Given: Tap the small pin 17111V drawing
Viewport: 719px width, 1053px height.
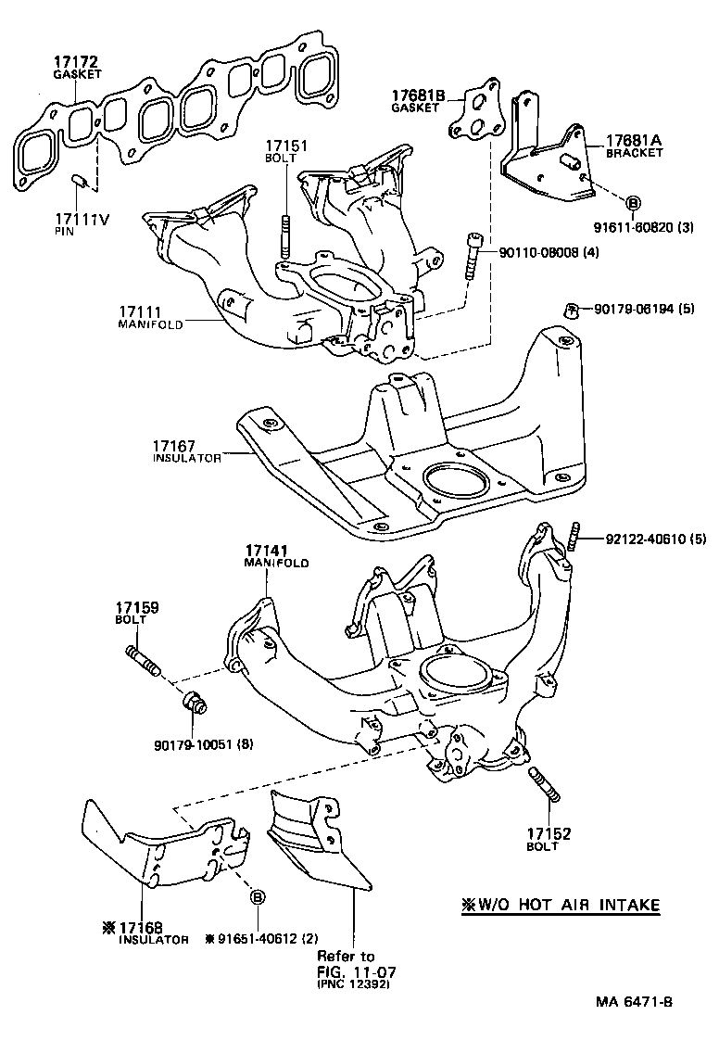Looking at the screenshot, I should tap(80, 178).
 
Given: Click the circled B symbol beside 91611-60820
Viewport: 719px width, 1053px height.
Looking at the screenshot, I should tap(633, 203).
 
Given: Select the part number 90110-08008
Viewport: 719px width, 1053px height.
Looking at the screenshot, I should tap(540, 251).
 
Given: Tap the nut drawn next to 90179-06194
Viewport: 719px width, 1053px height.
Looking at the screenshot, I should tap(572, 310).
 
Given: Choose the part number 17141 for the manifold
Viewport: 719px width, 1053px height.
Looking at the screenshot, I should tap(267, 552).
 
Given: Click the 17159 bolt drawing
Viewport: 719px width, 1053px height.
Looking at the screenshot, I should tap(142, 663).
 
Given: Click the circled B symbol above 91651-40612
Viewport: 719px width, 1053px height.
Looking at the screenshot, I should tap(258, 896).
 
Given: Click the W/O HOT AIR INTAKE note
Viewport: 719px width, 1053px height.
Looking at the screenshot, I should tap(561, 905).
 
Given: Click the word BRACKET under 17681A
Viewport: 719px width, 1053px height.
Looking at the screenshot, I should tap(635, 154).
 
